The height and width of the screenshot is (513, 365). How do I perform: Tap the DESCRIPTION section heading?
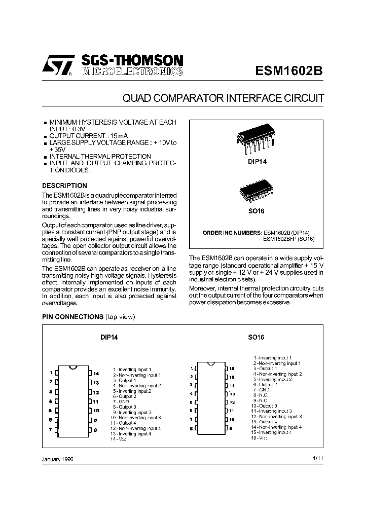pos(64,186)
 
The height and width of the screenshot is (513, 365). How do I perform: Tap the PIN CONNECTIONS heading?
pos(72,317)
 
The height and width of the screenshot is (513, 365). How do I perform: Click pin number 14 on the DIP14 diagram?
pos(96,373)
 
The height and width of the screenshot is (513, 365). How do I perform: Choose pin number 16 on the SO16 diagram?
pos(232,369)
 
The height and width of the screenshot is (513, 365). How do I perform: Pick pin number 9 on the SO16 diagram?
pos(231,428)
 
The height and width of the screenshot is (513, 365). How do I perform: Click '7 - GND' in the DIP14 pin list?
pos(121,401)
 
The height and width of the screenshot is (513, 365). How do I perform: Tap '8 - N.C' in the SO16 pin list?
pos(261,395)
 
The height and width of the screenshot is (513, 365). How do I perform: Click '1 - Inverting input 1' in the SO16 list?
pos(273,358)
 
